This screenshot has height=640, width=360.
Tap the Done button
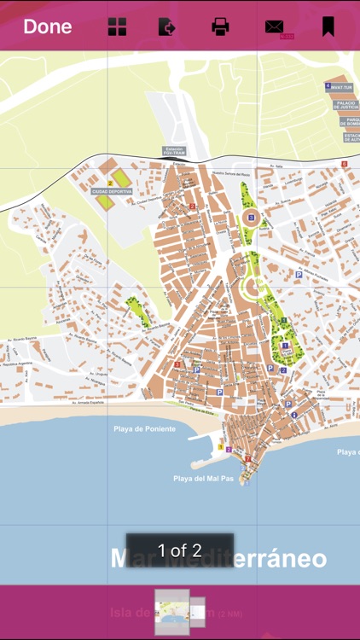point(47,26)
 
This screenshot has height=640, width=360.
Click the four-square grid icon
point(117,27)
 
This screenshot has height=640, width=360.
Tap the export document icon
point(167,27)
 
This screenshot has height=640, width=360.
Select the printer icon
point(220,27)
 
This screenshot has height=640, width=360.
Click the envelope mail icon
point(275,27)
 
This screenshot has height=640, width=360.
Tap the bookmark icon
point(328,26)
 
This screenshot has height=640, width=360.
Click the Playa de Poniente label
point(144,429)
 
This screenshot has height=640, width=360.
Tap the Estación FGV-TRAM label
point(173,151)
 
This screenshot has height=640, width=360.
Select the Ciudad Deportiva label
point(113,192)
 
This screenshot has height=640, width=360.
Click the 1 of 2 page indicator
point(180,550)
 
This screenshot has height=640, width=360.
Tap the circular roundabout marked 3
point(250,217)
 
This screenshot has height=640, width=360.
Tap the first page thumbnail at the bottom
point(171,612)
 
